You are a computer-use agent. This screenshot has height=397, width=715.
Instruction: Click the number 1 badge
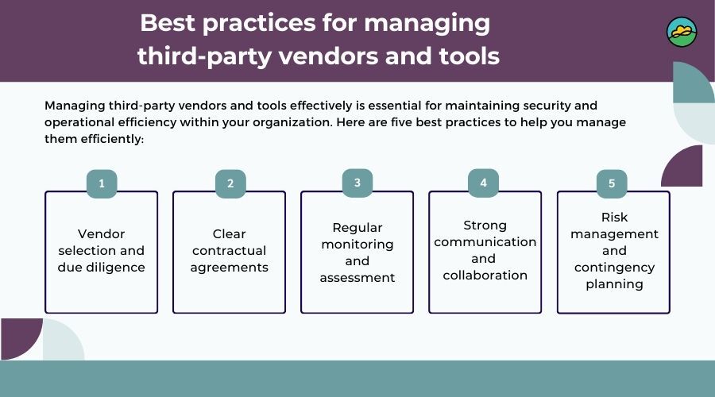tap(102, 183)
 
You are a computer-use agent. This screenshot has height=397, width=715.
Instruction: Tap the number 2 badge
tap(230, 183)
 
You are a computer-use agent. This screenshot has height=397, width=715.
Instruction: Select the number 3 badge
tap(357, 183)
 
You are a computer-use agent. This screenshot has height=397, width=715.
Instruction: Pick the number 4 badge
tap(483, 183)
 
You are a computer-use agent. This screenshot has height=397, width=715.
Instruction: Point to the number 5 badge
tap(612, 183)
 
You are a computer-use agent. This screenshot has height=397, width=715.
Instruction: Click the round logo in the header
tap(682, 32)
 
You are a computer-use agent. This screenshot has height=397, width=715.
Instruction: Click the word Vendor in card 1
tap(101, 233)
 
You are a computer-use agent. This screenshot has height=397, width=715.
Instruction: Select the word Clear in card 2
tap(229, 233)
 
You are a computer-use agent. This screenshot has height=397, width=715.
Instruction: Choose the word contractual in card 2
tap(229, 251)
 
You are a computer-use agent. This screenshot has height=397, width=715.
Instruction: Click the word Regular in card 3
tap(357, 228)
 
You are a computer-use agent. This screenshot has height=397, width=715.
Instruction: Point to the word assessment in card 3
tap(357, 278)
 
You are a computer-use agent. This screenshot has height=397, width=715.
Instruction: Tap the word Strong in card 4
tap(485, 225)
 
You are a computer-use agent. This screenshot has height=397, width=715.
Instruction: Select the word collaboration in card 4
tap(485, 276)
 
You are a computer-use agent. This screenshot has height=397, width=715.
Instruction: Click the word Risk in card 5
tap(614, 218)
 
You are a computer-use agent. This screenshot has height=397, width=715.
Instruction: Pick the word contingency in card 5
tap(614, 268)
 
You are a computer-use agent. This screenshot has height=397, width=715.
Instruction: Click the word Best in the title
tap(168, 23)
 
